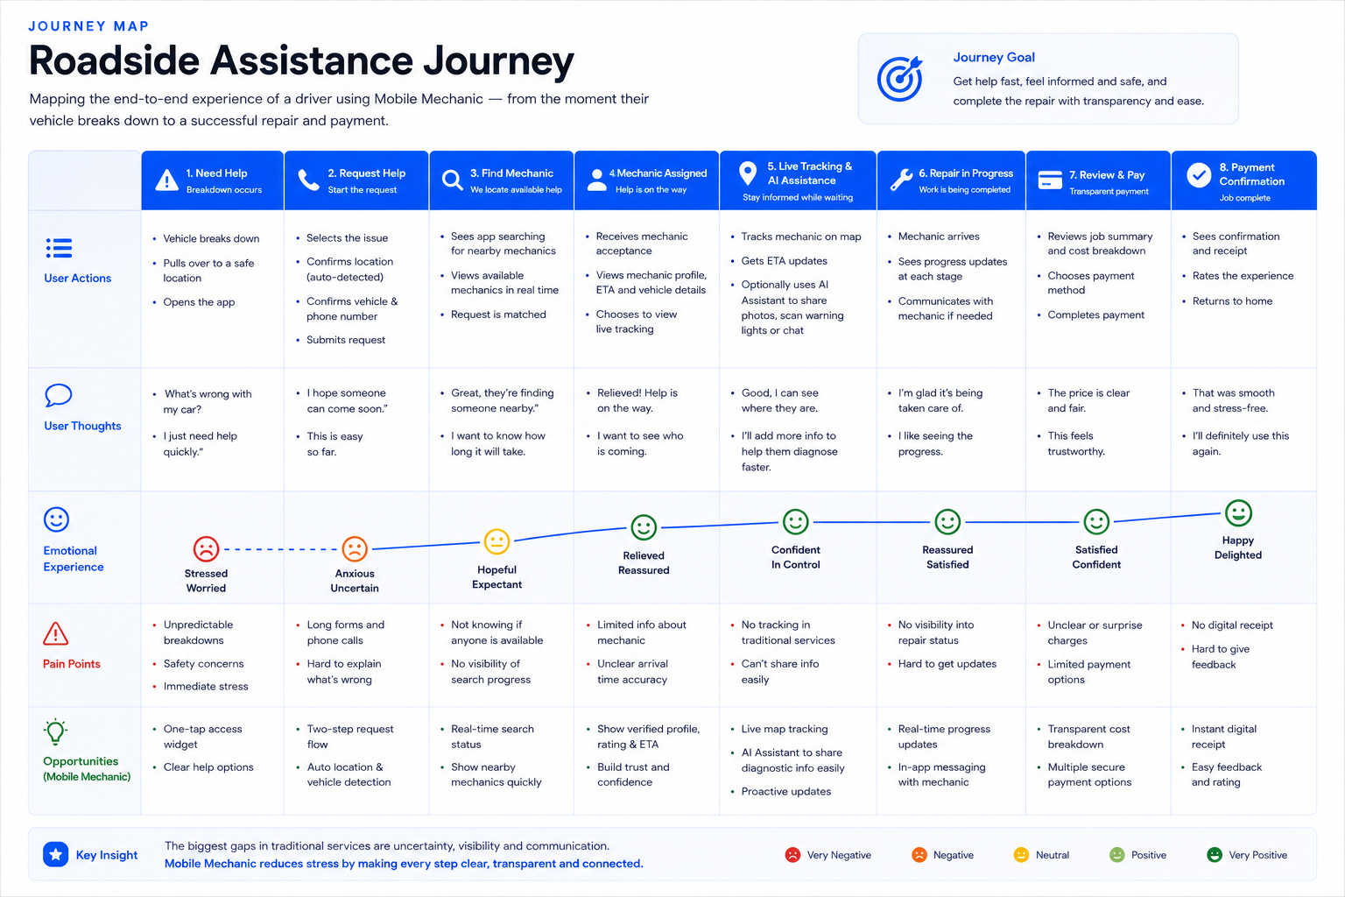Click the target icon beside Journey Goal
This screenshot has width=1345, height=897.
(899, 78)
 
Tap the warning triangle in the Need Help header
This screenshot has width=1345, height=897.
(166, 180)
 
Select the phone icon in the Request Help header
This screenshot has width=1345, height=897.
(308, 180)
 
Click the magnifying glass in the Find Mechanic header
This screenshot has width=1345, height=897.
(452, 180)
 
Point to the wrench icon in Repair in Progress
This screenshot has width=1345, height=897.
(901, 180)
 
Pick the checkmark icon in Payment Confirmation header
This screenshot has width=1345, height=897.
(1199, 175)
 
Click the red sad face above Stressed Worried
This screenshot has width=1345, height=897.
(206, 548)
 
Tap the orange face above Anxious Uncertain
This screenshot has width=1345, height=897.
(355, 548)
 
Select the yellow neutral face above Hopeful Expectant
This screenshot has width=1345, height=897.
(496, 541)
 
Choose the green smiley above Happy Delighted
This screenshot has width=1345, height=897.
(1238, 513)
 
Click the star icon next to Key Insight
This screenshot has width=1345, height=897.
(55, 854)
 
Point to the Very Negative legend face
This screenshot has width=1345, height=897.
(792, 855)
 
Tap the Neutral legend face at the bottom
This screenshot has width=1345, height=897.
(1021, 855)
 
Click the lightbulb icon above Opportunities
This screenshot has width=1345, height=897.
(55, 731)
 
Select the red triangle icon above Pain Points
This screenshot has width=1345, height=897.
(55, 634)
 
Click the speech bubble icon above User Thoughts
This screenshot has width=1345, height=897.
(59, 395)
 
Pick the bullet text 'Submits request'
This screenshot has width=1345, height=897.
(346, 340)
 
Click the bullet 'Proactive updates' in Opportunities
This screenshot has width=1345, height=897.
(786, 791)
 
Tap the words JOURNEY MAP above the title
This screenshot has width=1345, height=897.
(88, 25)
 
